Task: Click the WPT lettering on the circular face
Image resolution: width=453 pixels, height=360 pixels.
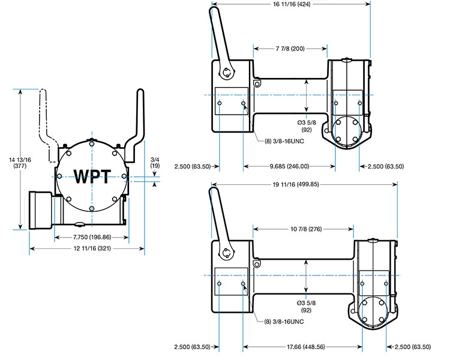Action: [92, 176]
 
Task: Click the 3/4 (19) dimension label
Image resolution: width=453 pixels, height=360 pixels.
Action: [155, 161]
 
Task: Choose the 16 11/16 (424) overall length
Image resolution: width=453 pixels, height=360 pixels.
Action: [292, 4]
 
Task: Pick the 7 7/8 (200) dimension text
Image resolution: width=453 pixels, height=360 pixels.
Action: [290, 47]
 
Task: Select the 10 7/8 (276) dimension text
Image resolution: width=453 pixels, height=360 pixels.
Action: [304, 229]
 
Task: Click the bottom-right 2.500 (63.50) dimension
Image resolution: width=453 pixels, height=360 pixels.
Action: [415, 346]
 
